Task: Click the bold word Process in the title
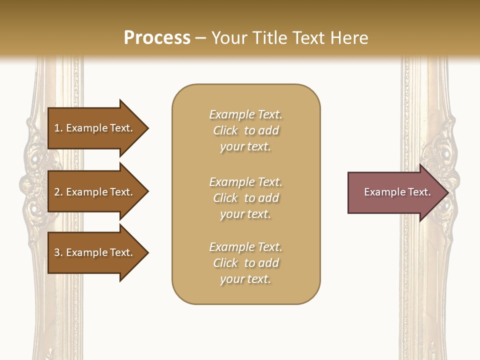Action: [x=157, y=37]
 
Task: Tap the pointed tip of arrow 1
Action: [x=147, y=128]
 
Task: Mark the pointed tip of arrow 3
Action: [x=147, y=252]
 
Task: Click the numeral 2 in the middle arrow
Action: [x=57, y=192]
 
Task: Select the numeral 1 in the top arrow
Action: [x=57, y=128]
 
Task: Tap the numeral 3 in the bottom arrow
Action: [x=57, y=252]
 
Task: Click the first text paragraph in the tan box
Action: [x=245, y=130]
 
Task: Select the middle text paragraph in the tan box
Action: [x=245, y=198]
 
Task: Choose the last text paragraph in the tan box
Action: [x=245, y=263]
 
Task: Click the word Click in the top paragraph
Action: [x=225, y=131]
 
